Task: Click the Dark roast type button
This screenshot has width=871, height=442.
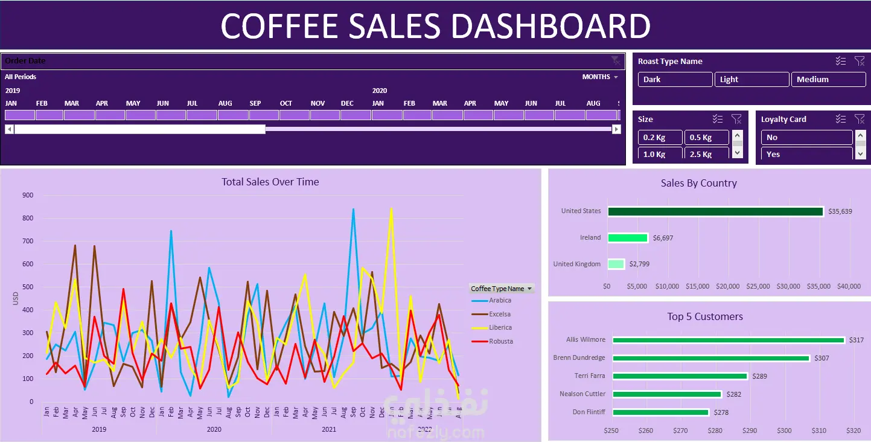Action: pyautogui.click(x=675, y=80)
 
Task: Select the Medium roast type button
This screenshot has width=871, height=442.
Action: pyautogui.click(x=828, y=80)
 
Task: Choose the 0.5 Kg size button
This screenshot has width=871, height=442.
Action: pyautogui.click(x=706, y=138)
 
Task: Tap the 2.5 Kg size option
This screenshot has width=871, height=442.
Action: pyautogui.click(x=706, y=154)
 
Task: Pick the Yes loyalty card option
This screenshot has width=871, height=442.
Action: pyautogui.click(x=806, y=154)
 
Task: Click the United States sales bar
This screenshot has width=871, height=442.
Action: pyautogui.click(x=715, y=211)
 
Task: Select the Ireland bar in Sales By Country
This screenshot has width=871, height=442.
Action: pyautogui.click(x=627, y=238)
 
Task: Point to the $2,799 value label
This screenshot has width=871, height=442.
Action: pyautogui.click(x=640, y=264)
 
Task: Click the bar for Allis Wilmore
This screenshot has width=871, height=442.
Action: pyautogui.click(x=728, y=340)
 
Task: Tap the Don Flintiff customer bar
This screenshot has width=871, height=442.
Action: pyautogui.click(x=660, y=412)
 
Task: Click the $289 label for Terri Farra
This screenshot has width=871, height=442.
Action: pyautogui.click(x=760, y=376)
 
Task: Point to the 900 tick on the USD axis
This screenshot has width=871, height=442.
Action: pyautogui.click(x=27, y=195)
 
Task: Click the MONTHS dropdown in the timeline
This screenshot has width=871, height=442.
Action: pyautogui.click(x=600, y=77)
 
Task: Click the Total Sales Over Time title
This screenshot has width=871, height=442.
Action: pyautogui.click(x=270, y=182)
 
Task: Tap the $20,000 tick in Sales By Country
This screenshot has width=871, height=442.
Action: pyautogui.click(x=729, y=286)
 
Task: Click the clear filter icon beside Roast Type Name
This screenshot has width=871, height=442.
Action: pyautogui.click(x=860, y=61)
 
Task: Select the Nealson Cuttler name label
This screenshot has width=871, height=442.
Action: pyautogui.click(x=582, y=394)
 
